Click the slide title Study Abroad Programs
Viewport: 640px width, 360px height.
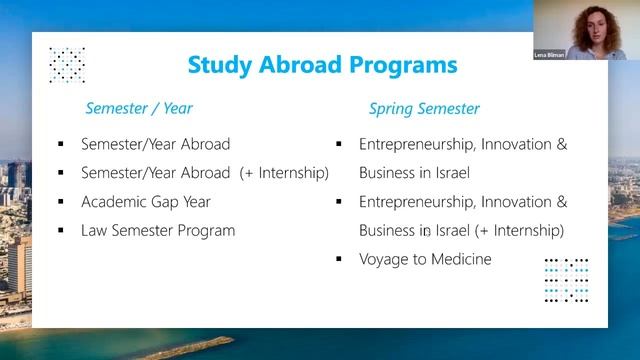click(x=322, y=65)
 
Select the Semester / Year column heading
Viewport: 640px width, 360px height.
click(x=139, y=108)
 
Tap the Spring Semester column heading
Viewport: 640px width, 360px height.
click(x=424, y=108)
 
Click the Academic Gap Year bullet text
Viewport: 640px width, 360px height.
click(x=146, y=201)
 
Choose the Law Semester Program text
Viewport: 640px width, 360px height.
click(x=158, y=230)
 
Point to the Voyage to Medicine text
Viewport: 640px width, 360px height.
click(x=425, y=259)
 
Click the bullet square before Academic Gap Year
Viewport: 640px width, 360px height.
click(x=61, y=202)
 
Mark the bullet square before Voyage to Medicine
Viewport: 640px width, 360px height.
click(x=339, y=260)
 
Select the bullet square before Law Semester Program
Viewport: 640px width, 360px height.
click(x=61, y=231)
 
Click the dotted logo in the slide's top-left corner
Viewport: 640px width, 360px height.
click(x=67, y=64)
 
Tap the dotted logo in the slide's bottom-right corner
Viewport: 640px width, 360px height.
click(x=566, y=279)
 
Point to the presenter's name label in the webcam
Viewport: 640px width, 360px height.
click(x=548, y=54)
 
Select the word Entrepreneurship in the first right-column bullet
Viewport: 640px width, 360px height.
click(x=415, y=144)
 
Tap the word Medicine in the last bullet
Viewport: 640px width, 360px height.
click(x=460, y=259)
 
